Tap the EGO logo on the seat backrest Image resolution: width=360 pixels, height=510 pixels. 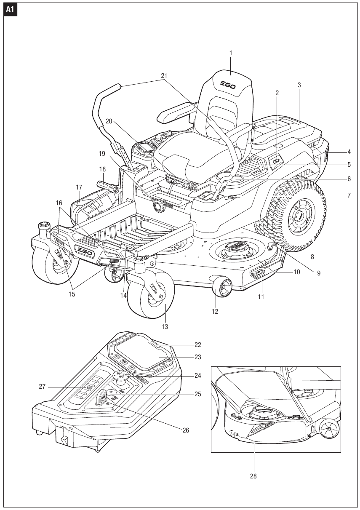(228, 85)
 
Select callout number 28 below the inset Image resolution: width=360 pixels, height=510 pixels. (253, 476)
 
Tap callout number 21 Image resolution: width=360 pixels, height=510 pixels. (164, 75)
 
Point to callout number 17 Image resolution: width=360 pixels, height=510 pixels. (79, 187)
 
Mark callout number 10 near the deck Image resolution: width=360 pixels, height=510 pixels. (296, 272)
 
